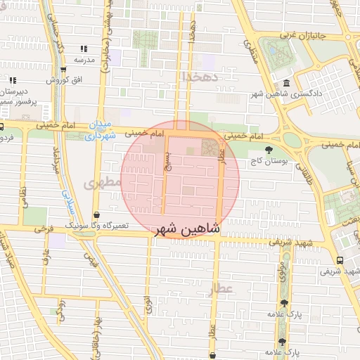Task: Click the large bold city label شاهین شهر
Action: point(186,229)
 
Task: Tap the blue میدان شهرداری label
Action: point(100,130)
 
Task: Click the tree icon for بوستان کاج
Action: point(268,150)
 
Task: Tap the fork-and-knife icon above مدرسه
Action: point(84,49)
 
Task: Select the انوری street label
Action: point(148,303)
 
